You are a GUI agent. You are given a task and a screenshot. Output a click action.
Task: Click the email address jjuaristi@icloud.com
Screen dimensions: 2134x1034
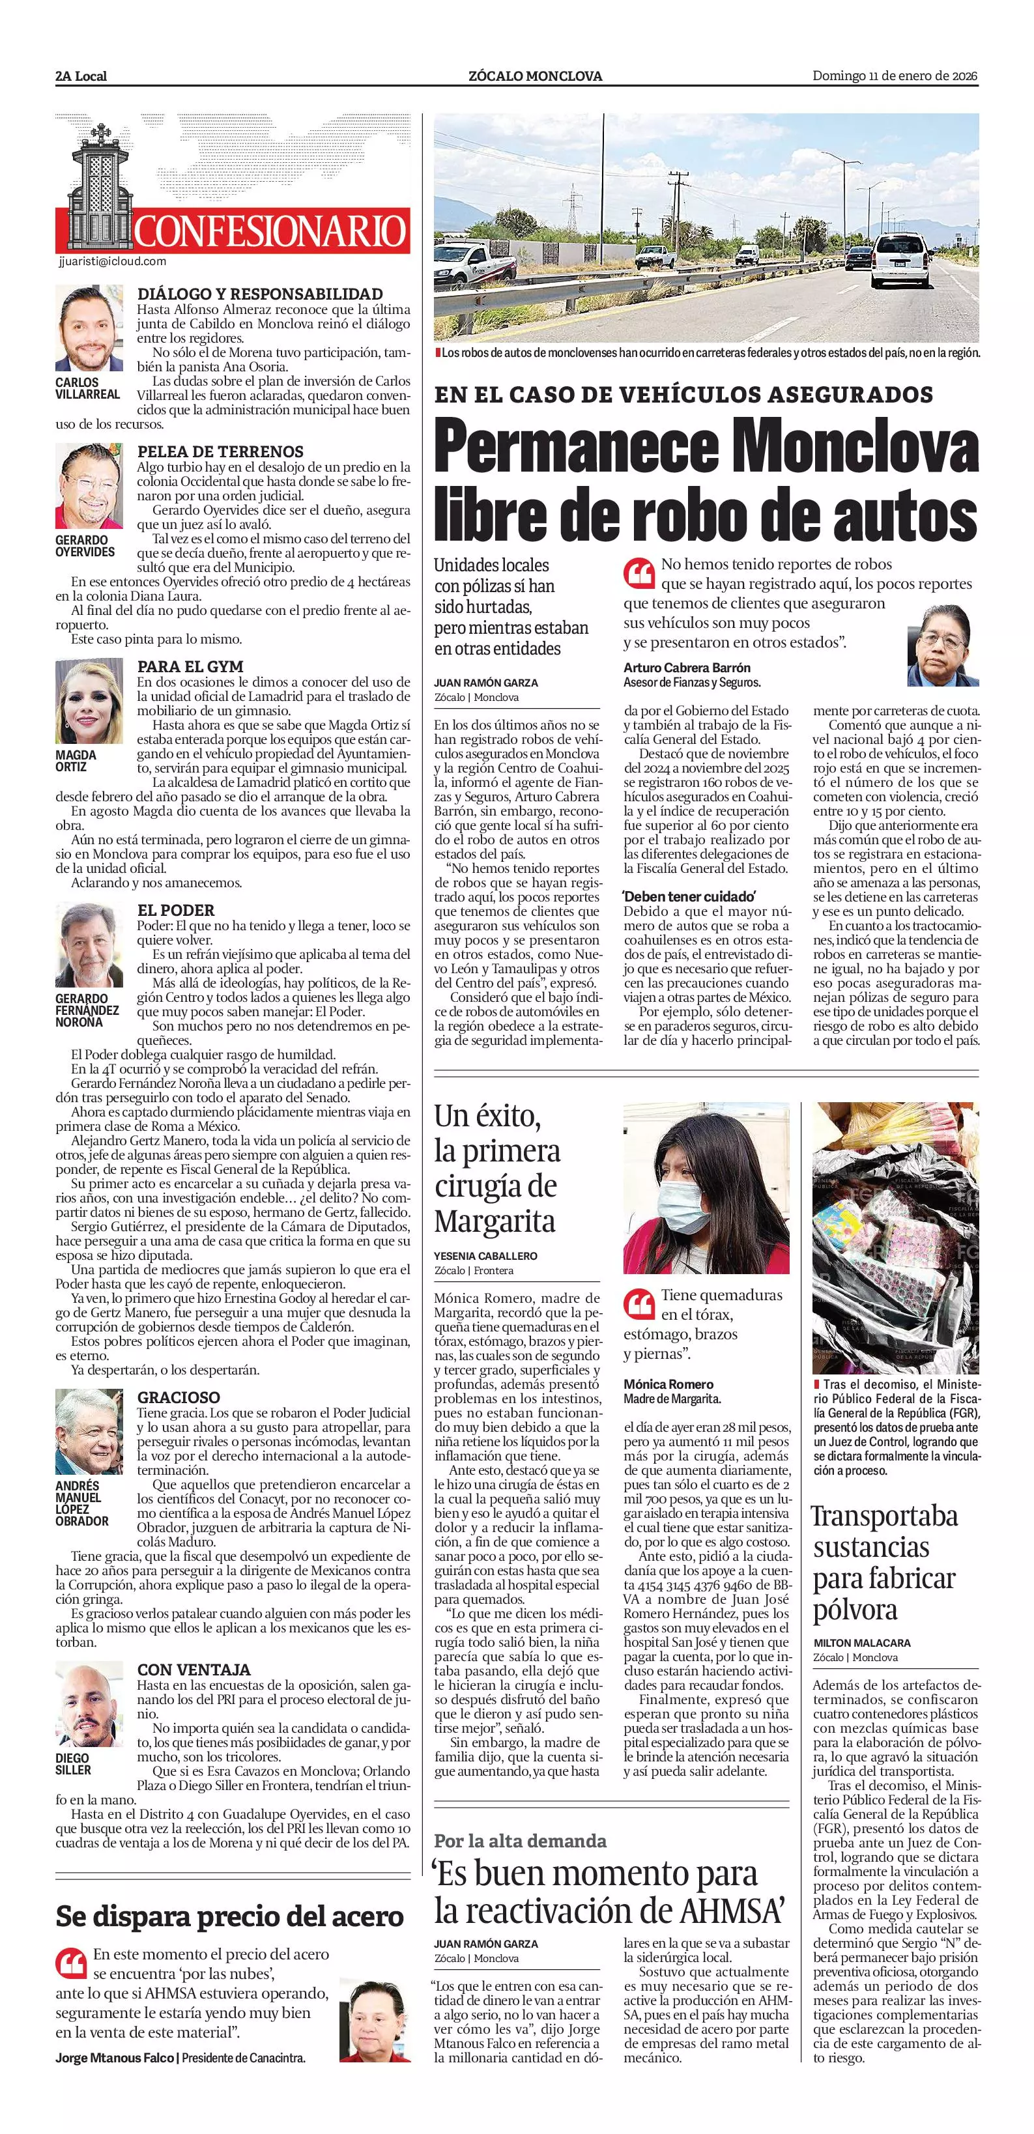113,261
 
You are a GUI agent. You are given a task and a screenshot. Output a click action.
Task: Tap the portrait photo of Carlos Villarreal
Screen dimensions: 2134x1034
89,328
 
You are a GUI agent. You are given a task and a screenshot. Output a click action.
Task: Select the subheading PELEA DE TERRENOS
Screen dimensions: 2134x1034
220,451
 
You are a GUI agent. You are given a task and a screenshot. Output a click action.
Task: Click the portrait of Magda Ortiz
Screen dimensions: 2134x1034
89,702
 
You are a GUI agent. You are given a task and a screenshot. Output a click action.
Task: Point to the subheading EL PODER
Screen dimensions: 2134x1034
176,909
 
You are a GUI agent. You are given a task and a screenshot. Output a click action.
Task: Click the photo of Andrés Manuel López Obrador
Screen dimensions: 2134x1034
89,1432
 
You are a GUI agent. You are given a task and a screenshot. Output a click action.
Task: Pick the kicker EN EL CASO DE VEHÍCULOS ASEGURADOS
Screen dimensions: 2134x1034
683,393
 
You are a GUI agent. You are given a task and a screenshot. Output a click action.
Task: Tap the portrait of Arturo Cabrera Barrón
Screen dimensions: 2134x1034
943,644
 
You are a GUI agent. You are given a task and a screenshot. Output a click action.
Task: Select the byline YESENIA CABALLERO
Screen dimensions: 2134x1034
485,1256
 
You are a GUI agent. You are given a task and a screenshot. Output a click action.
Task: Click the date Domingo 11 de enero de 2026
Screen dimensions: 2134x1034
894,76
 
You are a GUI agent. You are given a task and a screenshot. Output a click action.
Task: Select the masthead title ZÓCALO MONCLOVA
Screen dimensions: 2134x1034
535,76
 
